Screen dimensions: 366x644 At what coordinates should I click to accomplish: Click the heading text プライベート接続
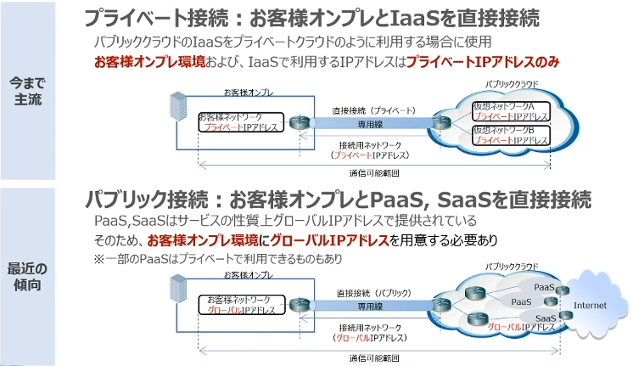pyautogui.click(x=143, y=18)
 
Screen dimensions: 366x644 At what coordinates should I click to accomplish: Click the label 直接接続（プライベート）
pyautogui.click(x=373, y=110)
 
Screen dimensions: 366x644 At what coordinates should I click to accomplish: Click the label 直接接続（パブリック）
pyautogui.click(x=373, y=292)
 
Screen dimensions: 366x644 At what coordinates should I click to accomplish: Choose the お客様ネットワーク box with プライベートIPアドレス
pyautogui.click(x=237, y=121)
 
